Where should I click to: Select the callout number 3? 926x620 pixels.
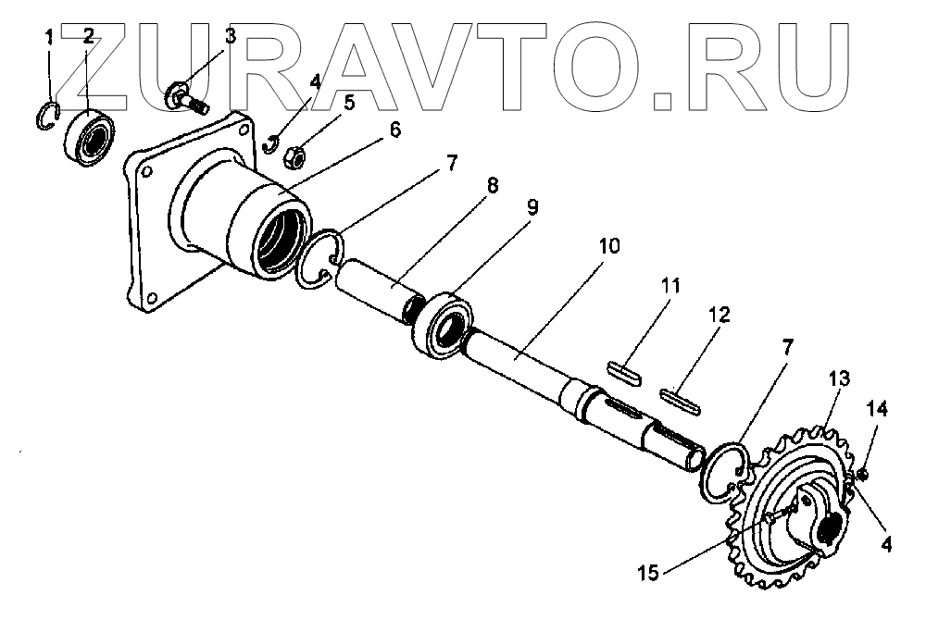coord(230,36)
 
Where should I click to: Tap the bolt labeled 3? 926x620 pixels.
coord(186,95)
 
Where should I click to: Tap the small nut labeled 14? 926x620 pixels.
coord(862,475)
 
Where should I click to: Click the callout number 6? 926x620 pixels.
coord(394,130)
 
